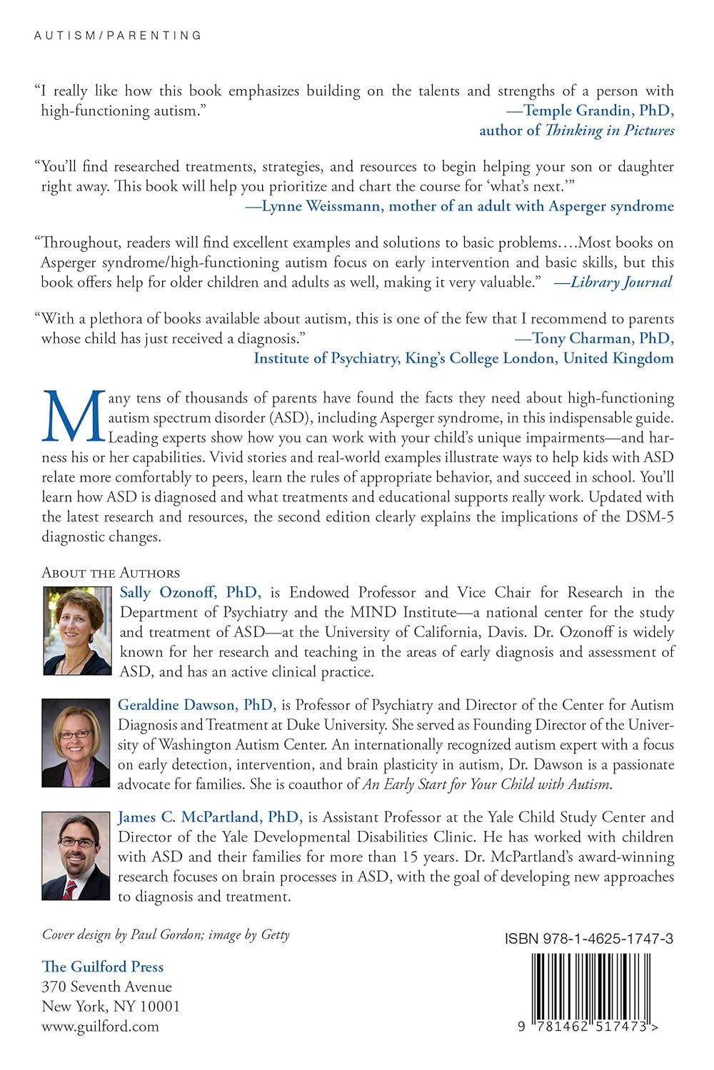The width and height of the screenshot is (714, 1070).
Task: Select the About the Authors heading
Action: point(111,573)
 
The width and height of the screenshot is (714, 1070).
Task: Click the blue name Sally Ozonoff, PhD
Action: point(190,592)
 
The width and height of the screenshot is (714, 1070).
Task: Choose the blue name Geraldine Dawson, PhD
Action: point(196,705)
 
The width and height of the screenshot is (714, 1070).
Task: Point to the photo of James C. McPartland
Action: point(77,855)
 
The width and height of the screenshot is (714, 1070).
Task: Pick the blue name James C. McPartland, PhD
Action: point(210,817)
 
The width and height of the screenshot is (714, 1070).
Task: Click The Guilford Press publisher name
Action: point(103,967)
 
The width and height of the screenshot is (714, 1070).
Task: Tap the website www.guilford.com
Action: point(100,1026)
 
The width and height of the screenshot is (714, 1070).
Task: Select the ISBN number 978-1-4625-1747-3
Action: point(589,939)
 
